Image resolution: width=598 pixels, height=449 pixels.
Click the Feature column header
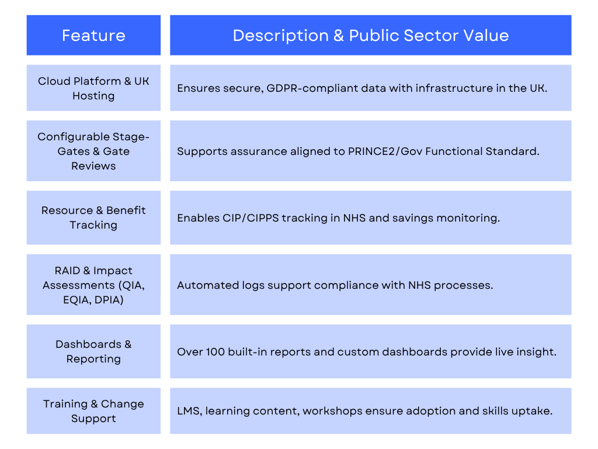93,35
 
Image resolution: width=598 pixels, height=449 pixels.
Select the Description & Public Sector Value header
371,35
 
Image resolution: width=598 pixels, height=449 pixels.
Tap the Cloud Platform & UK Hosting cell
93,88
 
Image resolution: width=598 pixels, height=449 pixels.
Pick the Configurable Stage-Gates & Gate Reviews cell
93,151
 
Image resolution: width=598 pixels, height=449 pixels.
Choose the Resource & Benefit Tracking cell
93,217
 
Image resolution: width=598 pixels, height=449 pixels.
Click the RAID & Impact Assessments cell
93,285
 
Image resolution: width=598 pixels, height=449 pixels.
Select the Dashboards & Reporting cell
93,351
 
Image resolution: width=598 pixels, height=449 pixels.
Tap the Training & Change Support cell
93,411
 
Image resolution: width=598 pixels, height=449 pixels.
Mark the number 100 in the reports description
215,351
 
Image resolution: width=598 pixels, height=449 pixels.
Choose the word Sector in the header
431,36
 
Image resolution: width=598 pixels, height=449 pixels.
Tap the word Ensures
199,89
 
